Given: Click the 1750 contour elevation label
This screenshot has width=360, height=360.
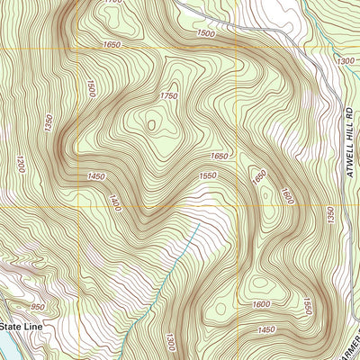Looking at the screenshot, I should click(168, 96).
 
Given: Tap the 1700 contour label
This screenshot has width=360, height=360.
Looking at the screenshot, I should click(112, 2).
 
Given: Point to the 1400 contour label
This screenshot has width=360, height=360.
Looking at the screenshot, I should click(115, 203).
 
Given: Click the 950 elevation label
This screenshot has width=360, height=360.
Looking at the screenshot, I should click(37, 307).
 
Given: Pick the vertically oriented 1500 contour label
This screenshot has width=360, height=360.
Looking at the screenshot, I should click(91, 88).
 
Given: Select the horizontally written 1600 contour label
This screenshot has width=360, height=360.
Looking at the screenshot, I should click(261, 306).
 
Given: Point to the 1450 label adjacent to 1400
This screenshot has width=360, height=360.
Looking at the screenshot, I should click(97, 176).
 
